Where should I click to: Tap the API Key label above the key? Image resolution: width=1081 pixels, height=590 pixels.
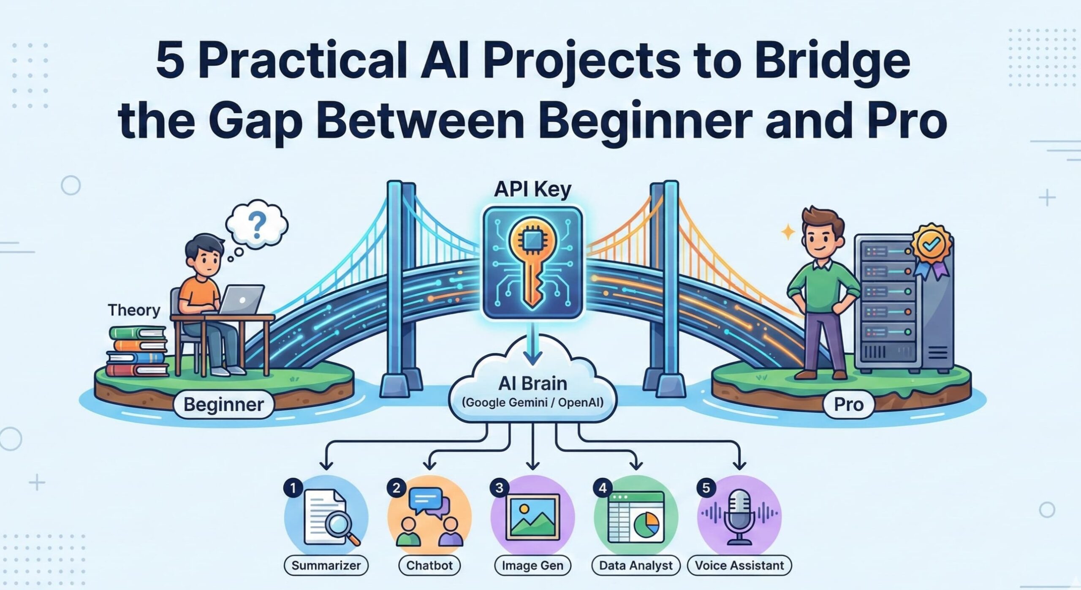[x=532, y=190]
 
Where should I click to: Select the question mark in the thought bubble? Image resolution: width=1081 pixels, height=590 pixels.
[x=257, y=224]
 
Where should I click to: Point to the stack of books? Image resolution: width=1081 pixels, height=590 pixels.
[x=137, y=350]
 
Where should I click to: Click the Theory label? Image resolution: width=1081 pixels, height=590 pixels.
[x=134, y=310]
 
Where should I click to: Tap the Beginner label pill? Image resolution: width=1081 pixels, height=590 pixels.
[x=224, y=405]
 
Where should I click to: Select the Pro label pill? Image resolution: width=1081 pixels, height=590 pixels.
[x=848, y=405]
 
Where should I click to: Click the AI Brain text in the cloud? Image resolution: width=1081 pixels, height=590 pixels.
[x=533, y=383]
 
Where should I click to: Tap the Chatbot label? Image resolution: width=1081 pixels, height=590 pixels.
[x=429, y=566]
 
